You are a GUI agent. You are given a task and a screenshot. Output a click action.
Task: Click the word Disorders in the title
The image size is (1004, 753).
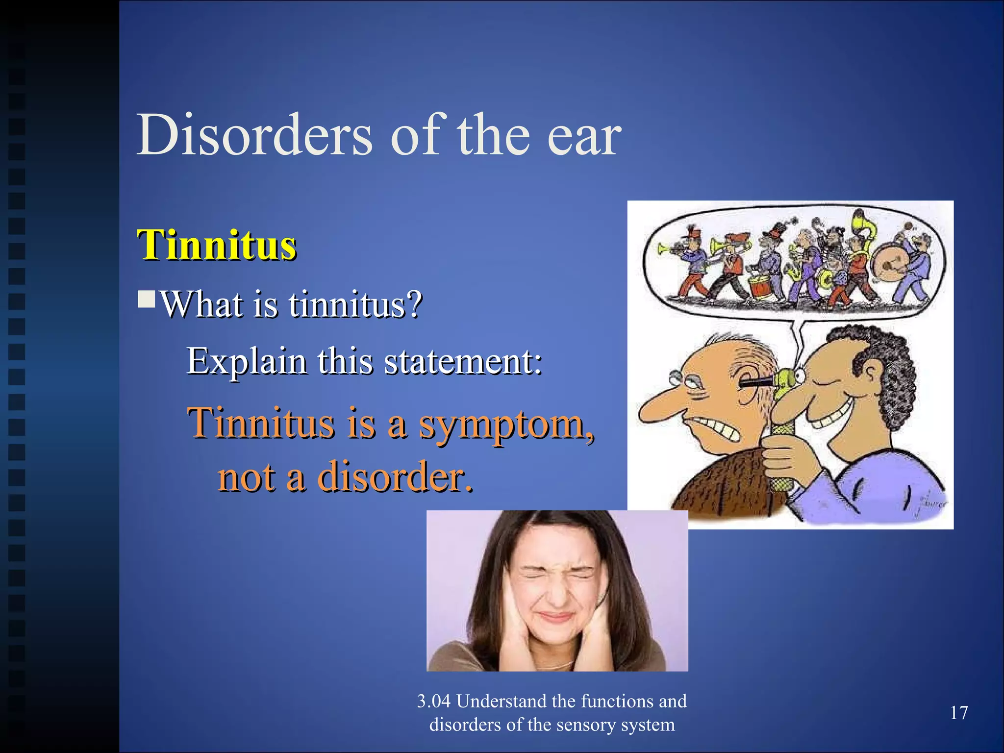(254, 135)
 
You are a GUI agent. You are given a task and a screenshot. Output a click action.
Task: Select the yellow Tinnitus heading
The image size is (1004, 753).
(217, 245)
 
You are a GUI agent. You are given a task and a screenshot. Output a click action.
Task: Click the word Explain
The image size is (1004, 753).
(247, 362)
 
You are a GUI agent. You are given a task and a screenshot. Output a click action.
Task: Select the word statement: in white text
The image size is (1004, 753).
(463, 362)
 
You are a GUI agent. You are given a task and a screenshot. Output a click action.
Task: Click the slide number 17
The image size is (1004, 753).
(958, 713)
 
